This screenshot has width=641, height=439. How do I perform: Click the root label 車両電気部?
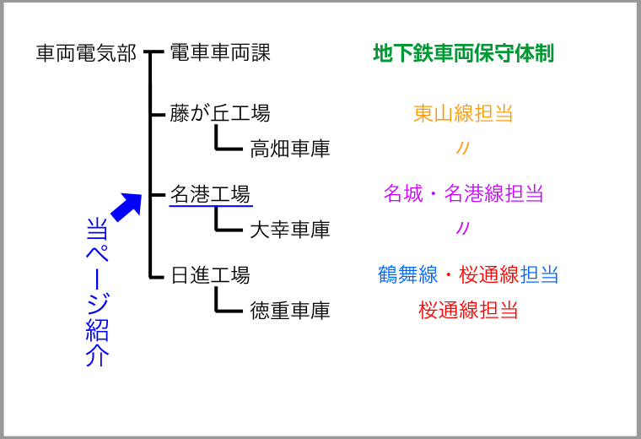(86, 53)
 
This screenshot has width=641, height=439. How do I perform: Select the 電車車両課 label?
(220, 53)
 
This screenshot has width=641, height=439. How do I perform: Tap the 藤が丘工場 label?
(220, 113)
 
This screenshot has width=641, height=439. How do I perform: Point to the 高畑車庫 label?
(290, 149)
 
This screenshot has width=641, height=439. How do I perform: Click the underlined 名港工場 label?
(210, 194)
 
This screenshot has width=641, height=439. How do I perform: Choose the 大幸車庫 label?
(290, 230)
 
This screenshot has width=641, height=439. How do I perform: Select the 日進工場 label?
(210, 275)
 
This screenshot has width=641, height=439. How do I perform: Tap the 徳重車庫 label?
(290, 311)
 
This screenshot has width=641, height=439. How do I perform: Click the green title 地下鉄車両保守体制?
(464, 53)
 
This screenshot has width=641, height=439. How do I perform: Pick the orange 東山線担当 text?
(463, 113)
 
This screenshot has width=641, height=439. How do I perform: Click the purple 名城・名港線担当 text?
(463, 193)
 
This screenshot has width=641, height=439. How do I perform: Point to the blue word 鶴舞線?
(408, 274)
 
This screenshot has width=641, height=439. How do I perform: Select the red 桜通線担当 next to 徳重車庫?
(468, 310)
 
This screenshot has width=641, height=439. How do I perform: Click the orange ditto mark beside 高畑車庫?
(463, 148)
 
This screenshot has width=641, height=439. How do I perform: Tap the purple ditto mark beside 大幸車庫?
(463, 228)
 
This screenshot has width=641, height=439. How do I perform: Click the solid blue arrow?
(127, 207)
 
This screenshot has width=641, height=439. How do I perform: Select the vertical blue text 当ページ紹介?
(97, 292)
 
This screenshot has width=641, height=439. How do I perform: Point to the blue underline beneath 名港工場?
(211, 205)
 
